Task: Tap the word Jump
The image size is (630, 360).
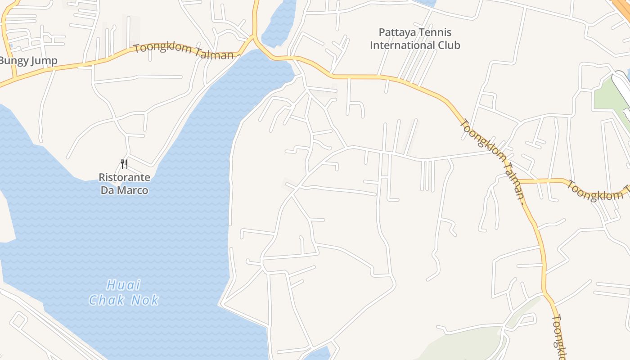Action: click(45, 61)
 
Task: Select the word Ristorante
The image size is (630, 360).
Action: click(125, 177)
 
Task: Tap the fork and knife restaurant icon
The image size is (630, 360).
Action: click(124, 164)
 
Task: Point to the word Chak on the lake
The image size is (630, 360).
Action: click(106, 300)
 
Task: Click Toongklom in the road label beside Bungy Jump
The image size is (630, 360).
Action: click(163, 49)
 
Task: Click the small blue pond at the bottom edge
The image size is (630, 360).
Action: click(319, 353)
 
